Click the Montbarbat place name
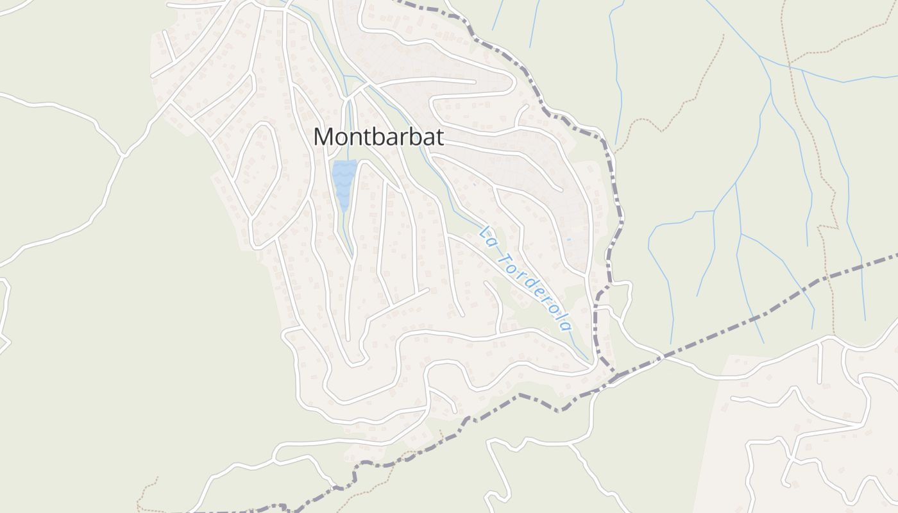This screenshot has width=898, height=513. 378,137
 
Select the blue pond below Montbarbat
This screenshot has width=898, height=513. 344,183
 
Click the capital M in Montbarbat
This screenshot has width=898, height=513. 325,137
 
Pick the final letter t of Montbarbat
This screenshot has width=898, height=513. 439,137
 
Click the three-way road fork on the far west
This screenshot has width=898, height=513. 124,155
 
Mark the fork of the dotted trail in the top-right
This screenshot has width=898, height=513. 790,63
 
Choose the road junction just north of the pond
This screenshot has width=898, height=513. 348,98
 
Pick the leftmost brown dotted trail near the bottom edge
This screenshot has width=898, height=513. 142,497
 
